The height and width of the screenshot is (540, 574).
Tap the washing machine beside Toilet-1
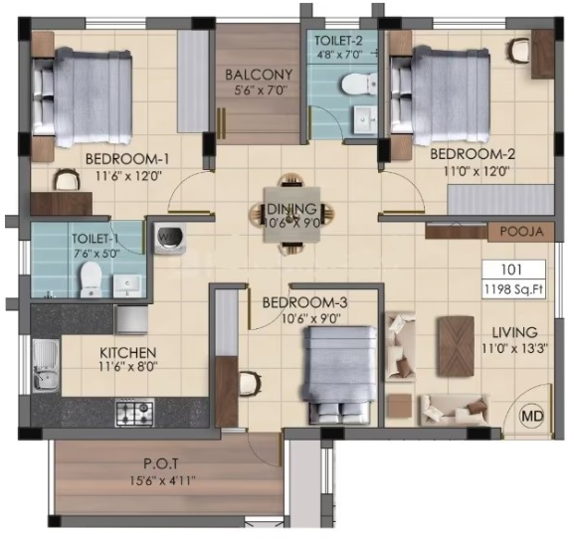click(x=170, y=238)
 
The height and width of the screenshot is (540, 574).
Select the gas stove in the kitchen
click(x=134, y=413)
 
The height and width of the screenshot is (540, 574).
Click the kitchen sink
click(x=46, y=365)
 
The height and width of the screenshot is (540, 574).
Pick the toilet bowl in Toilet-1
click(x=91, y=279)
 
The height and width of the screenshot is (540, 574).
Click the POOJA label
click(x=521, y=232)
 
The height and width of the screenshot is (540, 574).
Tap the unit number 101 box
click(x=514, y=270)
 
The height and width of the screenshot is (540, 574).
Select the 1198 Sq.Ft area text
click(x=513, y=289)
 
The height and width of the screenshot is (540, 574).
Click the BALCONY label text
click(x=259, y=75)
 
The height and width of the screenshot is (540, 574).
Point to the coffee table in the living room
click(x=456, y=346)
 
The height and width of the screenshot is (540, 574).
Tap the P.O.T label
click(x=160, y=463)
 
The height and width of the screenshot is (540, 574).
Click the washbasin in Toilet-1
click(x=127, y=286)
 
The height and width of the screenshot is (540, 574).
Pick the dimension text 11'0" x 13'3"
click(x=514, y=349)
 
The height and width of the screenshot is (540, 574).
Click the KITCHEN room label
click(x=128, y=353)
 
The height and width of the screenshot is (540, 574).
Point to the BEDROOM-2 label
click(x=473, y=154)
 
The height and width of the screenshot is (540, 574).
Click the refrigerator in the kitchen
click(x=131, y=320)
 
